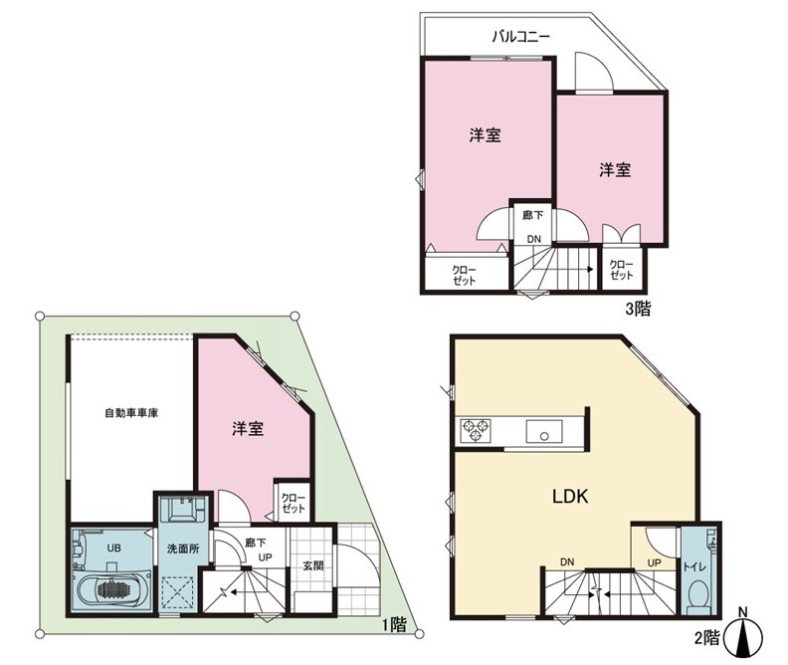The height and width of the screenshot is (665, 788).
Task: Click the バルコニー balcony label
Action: pos(520,36)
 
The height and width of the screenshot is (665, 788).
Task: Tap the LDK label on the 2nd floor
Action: pos(570,497)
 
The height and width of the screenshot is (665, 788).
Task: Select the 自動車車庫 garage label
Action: pos(131,413)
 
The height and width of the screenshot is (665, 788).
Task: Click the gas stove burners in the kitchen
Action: pos(476,431)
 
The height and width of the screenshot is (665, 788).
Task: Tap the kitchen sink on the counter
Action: pos(544,431)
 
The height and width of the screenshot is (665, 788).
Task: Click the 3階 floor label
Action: pos(637,309)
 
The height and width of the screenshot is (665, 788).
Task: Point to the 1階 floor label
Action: pos(393,625)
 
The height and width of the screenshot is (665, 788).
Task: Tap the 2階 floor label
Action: pos(707,638)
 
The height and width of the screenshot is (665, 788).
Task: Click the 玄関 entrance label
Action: pos(312,566)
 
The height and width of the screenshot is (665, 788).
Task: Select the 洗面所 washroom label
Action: pos(183,549)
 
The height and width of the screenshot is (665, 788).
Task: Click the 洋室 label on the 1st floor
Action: pos(248,429)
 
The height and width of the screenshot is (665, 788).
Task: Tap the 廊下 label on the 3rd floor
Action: pos(532,215)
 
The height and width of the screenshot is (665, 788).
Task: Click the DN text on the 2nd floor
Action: pos(567,562)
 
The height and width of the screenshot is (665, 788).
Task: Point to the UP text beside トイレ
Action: pos(654,563)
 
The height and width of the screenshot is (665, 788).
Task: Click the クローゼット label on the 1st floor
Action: pos(293,503)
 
